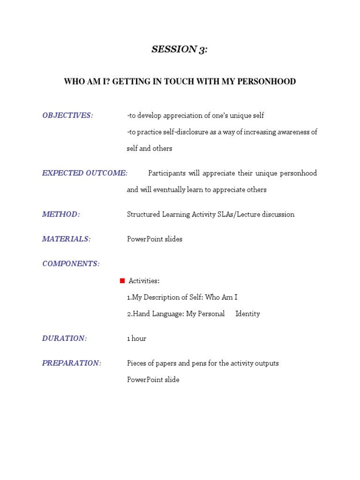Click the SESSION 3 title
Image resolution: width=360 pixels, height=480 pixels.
coord(179,50)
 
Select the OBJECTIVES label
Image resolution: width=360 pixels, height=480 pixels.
coord(67,115)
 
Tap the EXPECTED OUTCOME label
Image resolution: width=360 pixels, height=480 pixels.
coord(85,173)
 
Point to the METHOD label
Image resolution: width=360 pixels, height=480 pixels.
coord(61,214)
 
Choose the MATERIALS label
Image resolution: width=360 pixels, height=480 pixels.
coord(66,239)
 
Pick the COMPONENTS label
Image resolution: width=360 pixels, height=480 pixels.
coord(71,263)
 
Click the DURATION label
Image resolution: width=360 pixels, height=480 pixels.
coord(64,338)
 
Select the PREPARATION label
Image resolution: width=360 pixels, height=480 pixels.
coord(72,363)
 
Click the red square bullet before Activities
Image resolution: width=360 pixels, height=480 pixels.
coord(122,281)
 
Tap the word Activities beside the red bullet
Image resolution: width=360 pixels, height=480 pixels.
coord(144,281)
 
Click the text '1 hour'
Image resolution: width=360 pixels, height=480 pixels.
coord(136,338)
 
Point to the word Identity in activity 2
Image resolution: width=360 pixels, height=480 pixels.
coord(247,314)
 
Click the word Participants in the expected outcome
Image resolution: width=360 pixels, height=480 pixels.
coord(166,173)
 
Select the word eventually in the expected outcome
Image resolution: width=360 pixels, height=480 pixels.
coord(173,190)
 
